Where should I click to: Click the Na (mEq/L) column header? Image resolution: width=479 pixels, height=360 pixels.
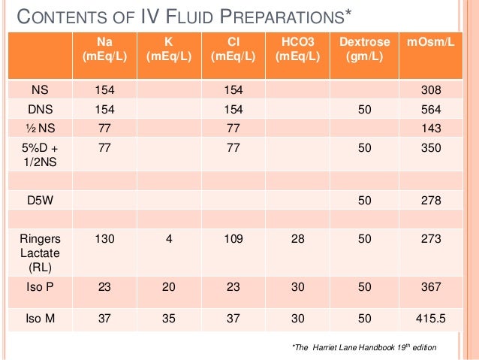tap(104, 50)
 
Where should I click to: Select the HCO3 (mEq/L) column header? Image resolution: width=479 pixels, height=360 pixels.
tap(297, 50)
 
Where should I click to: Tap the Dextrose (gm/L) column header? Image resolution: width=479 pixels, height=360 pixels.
tap(363, 50)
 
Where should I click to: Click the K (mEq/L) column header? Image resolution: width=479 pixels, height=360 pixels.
tap(168, 50)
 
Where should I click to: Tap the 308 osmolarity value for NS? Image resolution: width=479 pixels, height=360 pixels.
tap(430, 91)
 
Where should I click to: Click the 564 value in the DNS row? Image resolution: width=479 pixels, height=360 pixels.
tap(430, 110)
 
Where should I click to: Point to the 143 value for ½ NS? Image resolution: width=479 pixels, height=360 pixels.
tap(430, 129)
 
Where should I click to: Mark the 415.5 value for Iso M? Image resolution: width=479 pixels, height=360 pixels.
tap(430, 318)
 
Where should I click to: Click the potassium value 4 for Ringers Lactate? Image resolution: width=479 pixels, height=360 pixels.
tap(169, 240)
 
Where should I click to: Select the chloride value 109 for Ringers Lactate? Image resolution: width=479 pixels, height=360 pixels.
tap(233, 240)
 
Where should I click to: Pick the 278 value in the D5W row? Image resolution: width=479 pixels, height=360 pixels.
tap(430, 201)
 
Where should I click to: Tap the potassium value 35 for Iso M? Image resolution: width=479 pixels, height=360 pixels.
tap(169, 318)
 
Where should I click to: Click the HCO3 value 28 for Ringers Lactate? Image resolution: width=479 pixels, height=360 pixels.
tap(297, 240)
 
